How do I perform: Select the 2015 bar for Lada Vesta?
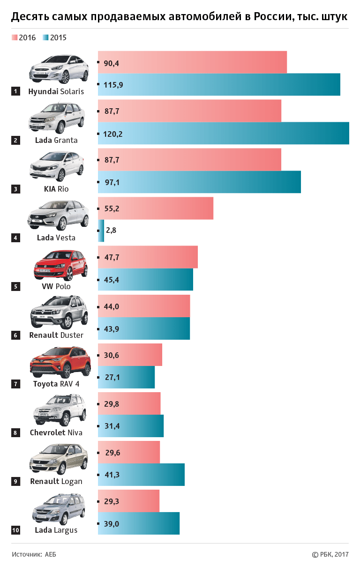pyautogui.click(x=101, y=231)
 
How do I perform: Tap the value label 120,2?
pyautogui.click(x=113, y=134)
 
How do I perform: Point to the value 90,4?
pyautogui.click(x=112, y=63)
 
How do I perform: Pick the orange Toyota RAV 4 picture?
pyautogui.click(x=60, y=363)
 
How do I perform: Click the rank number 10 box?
pyautogui.click(x=16, y=530)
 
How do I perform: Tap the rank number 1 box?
pyautogui.click(x=16, y=91)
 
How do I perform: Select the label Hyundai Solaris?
pyautogui.click(x=56, y=91)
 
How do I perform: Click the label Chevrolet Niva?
pyautogui.click(x=56, y=432)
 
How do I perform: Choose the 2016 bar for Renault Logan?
pyautogui.click(x=129, y=452)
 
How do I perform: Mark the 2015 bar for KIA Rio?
pyautogui.click(x=199, y=182)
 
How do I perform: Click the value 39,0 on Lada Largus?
pyautogui.click(x=112, y=524)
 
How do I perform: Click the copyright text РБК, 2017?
pyautogui.click(x=330, y=554)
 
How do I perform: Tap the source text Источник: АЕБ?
pyautogui.click(x=34, y=554)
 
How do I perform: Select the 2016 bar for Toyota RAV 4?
pyautogui.click(x=130, y=355)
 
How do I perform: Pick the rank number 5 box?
pyautogui.click(x=16, y=286)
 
